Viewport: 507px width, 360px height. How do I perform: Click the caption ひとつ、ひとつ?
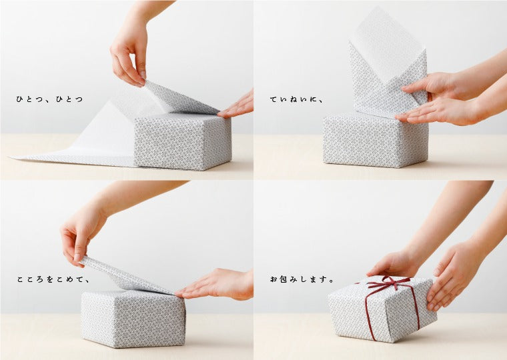[x=49, y=99]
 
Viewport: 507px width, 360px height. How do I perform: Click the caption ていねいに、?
[x=296, y=99]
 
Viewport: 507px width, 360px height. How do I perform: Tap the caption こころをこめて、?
[x=53, y=279]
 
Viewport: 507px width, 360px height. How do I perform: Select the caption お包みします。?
[x=302, y=279]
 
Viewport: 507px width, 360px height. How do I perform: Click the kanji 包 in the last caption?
[x=284, y=279]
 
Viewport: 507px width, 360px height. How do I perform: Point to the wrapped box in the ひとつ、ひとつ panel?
[x=183, y=141]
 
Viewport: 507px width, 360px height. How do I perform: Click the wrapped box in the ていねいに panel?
[x=375, y=141]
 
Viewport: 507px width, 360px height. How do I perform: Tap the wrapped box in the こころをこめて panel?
[x=133, y=318]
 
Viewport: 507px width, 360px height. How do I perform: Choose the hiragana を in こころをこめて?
[x=50, y=279]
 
